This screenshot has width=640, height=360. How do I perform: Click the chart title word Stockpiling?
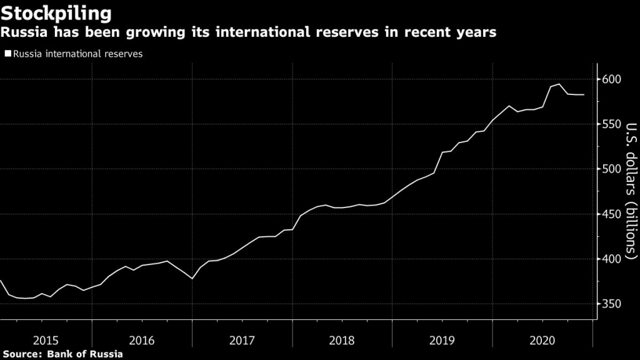coord(56,12)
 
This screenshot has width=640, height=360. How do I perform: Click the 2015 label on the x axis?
coord(46,341)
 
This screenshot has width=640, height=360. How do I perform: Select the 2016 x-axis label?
coord(142,341)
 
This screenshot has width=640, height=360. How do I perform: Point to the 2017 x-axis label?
coord(242,341)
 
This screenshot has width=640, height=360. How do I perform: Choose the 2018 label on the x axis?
coord(342,341)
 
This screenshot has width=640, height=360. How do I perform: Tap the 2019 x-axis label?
coord(442,341)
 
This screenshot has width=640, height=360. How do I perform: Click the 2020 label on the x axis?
coord(542,341)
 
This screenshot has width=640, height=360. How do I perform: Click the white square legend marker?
coord(7,54)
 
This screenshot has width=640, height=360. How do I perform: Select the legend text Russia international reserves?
coord(77,54)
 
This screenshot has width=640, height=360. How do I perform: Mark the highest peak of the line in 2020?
coord(559,84)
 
